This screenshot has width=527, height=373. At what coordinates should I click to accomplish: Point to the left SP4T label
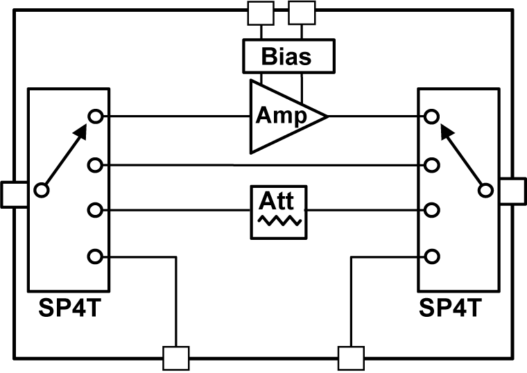(x=68, y=307)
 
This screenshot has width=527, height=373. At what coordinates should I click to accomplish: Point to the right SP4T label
(x=458, y=307)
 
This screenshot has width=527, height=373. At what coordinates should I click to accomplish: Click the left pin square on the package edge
(x=15, y=194)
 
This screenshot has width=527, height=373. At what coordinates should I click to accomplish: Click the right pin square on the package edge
(x=512, y=190)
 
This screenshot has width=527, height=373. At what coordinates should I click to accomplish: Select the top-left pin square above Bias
(x=261, y=11)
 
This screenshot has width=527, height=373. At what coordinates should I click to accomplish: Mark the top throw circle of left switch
(x=96, y=116)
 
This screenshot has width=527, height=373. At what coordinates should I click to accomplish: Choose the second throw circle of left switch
(x=96, y=165)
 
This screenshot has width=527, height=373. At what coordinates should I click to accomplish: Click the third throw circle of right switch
(x=432, y=209)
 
